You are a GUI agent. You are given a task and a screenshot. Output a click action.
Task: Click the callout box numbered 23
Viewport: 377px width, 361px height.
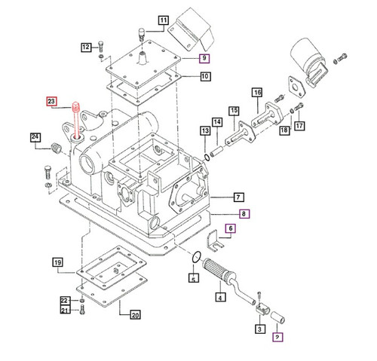52,100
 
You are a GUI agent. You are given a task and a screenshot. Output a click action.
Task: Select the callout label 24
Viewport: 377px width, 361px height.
35,136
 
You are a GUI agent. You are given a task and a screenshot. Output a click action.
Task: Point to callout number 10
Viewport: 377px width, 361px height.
205,76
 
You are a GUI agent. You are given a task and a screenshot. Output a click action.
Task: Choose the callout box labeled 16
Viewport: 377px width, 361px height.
256,93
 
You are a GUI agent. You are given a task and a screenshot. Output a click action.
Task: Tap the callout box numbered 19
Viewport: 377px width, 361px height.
57,262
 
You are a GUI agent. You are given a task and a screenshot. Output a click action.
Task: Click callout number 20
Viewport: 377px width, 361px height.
136,315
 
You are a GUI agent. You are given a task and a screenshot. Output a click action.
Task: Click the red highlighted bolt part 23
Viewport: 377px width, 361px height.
77,120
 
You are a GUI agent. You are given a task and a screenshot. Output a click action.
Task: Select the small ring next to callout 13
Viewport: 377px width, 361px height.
207,156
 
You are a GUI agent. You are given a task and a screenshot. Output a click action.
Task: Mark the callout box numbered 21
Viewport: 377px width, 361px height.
65,310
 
